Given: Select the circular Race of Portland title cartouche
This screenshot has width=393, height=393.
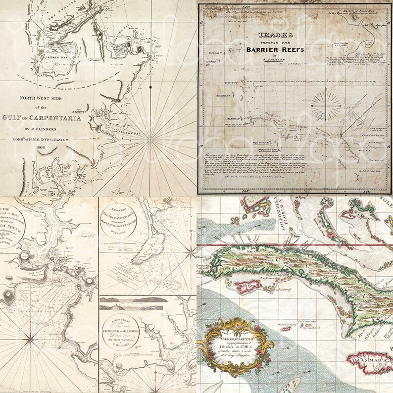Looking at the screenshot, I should pos(120,218).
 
